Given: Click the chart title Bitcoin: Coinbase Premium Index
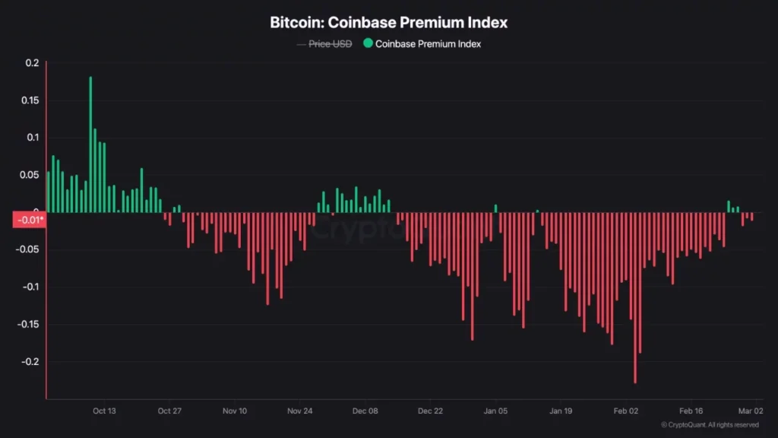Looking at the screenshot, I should tap(388, 22).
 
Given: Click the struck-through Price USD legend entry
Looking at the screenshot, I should tap(330, 43).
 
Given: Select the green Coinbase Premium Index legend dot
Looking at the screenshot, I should tap(368, 43).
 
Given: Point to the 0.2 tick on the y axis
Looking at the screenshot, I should tap(32, 63).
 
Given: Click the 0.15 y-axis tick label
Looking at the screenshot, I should tap(30, 100).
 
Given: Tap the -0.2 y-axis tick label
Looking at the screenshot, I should tap(29, 362).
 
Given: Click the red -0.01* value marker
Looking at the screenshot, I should tap(30, 221).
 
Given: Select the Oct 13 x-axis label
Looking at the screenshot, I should tap(104, 411).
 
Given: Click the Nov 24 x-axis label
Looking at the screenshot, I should tap(300, 411).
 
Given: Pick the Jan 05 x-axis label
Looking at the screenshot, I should tap(495, 411).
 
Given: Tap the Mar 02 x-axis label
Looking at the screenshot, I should tap(751, 411).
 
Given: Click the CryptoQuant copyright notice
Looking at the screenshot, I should tap(710, 425).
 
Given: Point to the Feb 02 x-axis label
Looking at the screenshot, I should tap(626, 411).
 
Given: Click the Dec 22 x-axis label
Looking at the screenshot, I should tap(430, 411).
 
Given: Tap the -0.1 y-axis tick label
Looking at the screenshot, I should tap(29, 287).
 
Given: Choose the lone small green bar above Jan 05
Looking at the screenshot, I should tap(495, 208).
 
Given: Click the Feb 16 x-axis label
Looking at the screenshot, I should tap(691, 411).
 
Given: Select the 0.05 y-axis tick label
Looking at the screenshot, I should tap(30, 175).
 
